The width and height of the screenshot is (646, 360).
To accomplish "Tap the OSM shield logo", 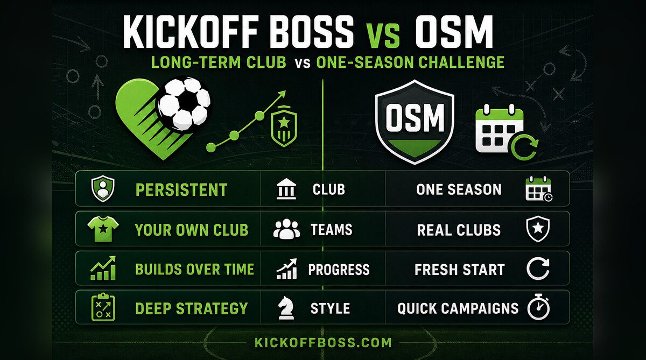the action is click(x=415, y=122).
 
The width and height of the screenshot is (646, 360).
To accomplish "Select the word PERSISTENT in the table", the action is click(x=181, y=189).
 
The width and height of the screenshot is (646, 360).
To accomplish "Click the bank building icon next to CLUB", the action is click(x=286, y=189).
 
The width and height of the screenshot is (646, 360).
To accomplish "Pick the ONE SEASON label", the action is click(x=459, y=189).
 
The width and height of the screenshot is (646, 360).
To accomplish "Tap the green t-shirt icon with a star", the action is click(x=103, y=229).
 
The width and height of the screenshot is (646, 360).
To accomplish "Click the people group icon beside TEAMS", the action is click(x=286, y=229).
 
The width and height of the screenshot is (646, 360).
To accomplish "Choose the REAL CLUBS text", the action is click(x=459, y=230).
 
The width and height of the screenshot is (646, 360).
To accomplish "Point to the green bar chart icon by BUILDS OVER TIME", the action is click(x=103, y=268).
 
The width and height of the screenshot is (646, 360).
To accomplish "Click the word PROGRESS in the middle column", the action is click(x=339, y=270).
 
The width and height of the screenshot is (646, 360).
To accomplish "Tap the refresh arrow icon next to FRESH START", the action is click(x=538, y=269).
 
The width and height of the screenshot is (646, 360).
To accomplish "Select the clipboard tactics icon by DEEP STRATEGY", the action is click(x=103, y=307).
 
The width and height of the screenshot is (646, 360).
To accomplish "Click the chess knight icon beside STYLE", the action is click(x=286, y=308).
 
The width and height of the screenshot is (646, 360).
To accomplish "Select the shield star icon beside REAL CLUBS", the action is click(x=538, y=229).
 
